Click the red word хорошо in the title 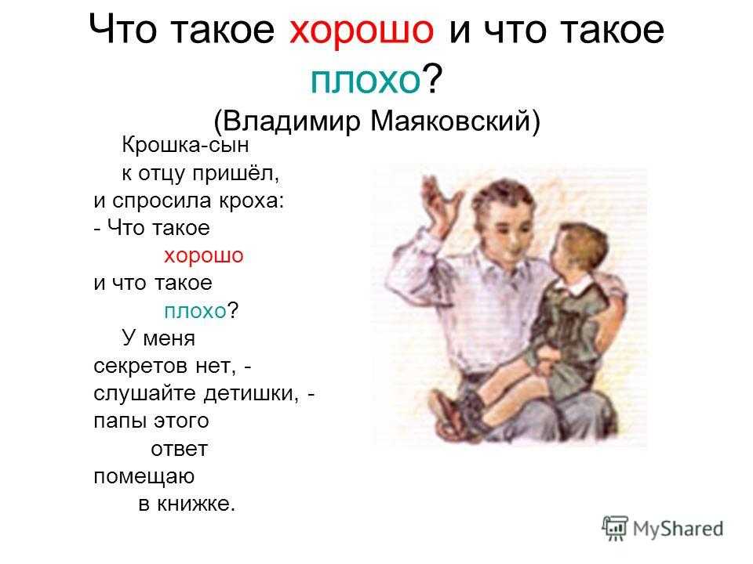tap(362, 30)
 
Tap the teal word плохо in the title tap(366, 80)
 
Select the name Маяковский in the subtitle tap(450, 121)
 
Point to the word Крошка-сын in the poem tap(185, 145)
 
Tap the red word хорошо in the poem tap(204, 256)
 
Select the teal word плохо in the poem tap(195, 311)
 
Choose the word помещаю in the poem tap(144, 477)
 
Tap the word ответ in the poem tap(179, 450)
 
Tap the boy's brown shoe tap(446, 414)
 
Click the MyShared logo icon tap(615, 528)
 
